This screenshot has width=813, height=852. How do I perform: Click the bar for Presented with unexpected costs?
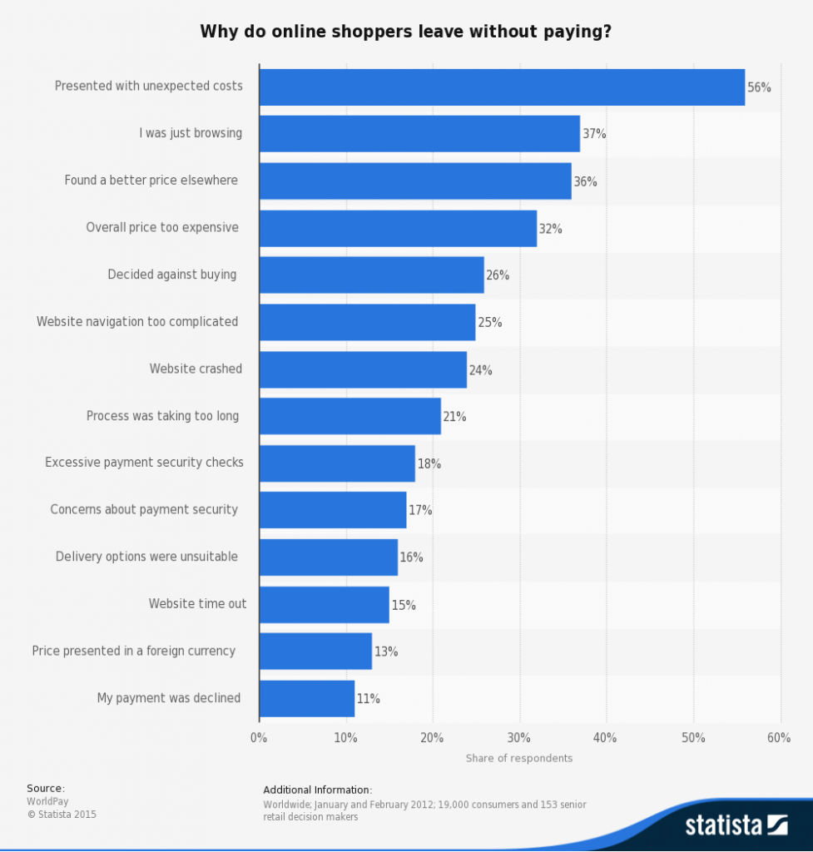click(x=502, y=87)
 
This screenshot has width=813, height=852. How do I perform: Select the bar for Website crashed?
click(x=363, y=369)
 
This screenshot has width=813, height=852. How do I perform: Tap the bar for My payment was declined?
click(x=307, y=699)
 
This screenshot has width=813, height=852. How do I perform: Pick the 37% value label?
click(x=594, y=134)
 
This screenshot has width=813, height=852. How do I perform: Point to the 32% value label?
click(x=551, y=229)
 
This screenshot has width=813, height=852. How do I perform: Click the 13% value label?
click(x=386, y=652)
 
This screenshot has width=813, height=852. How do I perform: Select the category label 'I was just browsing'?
click(x=191, y=133)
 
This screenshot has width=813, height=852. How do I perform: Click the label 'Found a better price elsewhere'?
click(x=151, y=181)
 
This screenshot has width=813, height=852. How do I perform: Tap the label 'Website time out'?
click(x=197, y=604)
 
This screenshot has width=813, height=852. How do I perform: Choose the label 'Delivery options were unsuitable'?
click(x=147, y=557)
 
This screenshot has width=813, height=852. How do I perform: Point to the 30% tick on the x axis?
click(x=519, y=738)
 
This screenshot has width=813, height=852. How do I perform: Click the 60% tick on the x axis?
click(x=779, y=738)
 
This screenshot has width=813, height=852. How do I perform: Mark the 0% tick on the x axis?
click(x=259, y=738)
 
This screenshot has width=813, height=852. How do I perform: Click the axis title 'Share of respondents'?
click(x=519, y=758)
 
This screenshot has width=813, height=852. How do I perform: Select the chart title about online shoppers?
click(x=406, y=32)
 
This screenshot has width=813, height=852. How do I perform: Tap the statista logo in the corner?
click(x=736, y=825)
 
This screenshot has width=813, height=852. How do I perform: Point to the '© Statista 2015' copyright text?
click(x=62, y=815)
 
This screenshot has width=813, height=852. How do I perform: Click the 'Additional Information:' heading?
click(x=318, y=790)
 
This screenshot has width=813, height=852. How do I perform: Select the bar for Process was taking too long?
click(x=349, y=416)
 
